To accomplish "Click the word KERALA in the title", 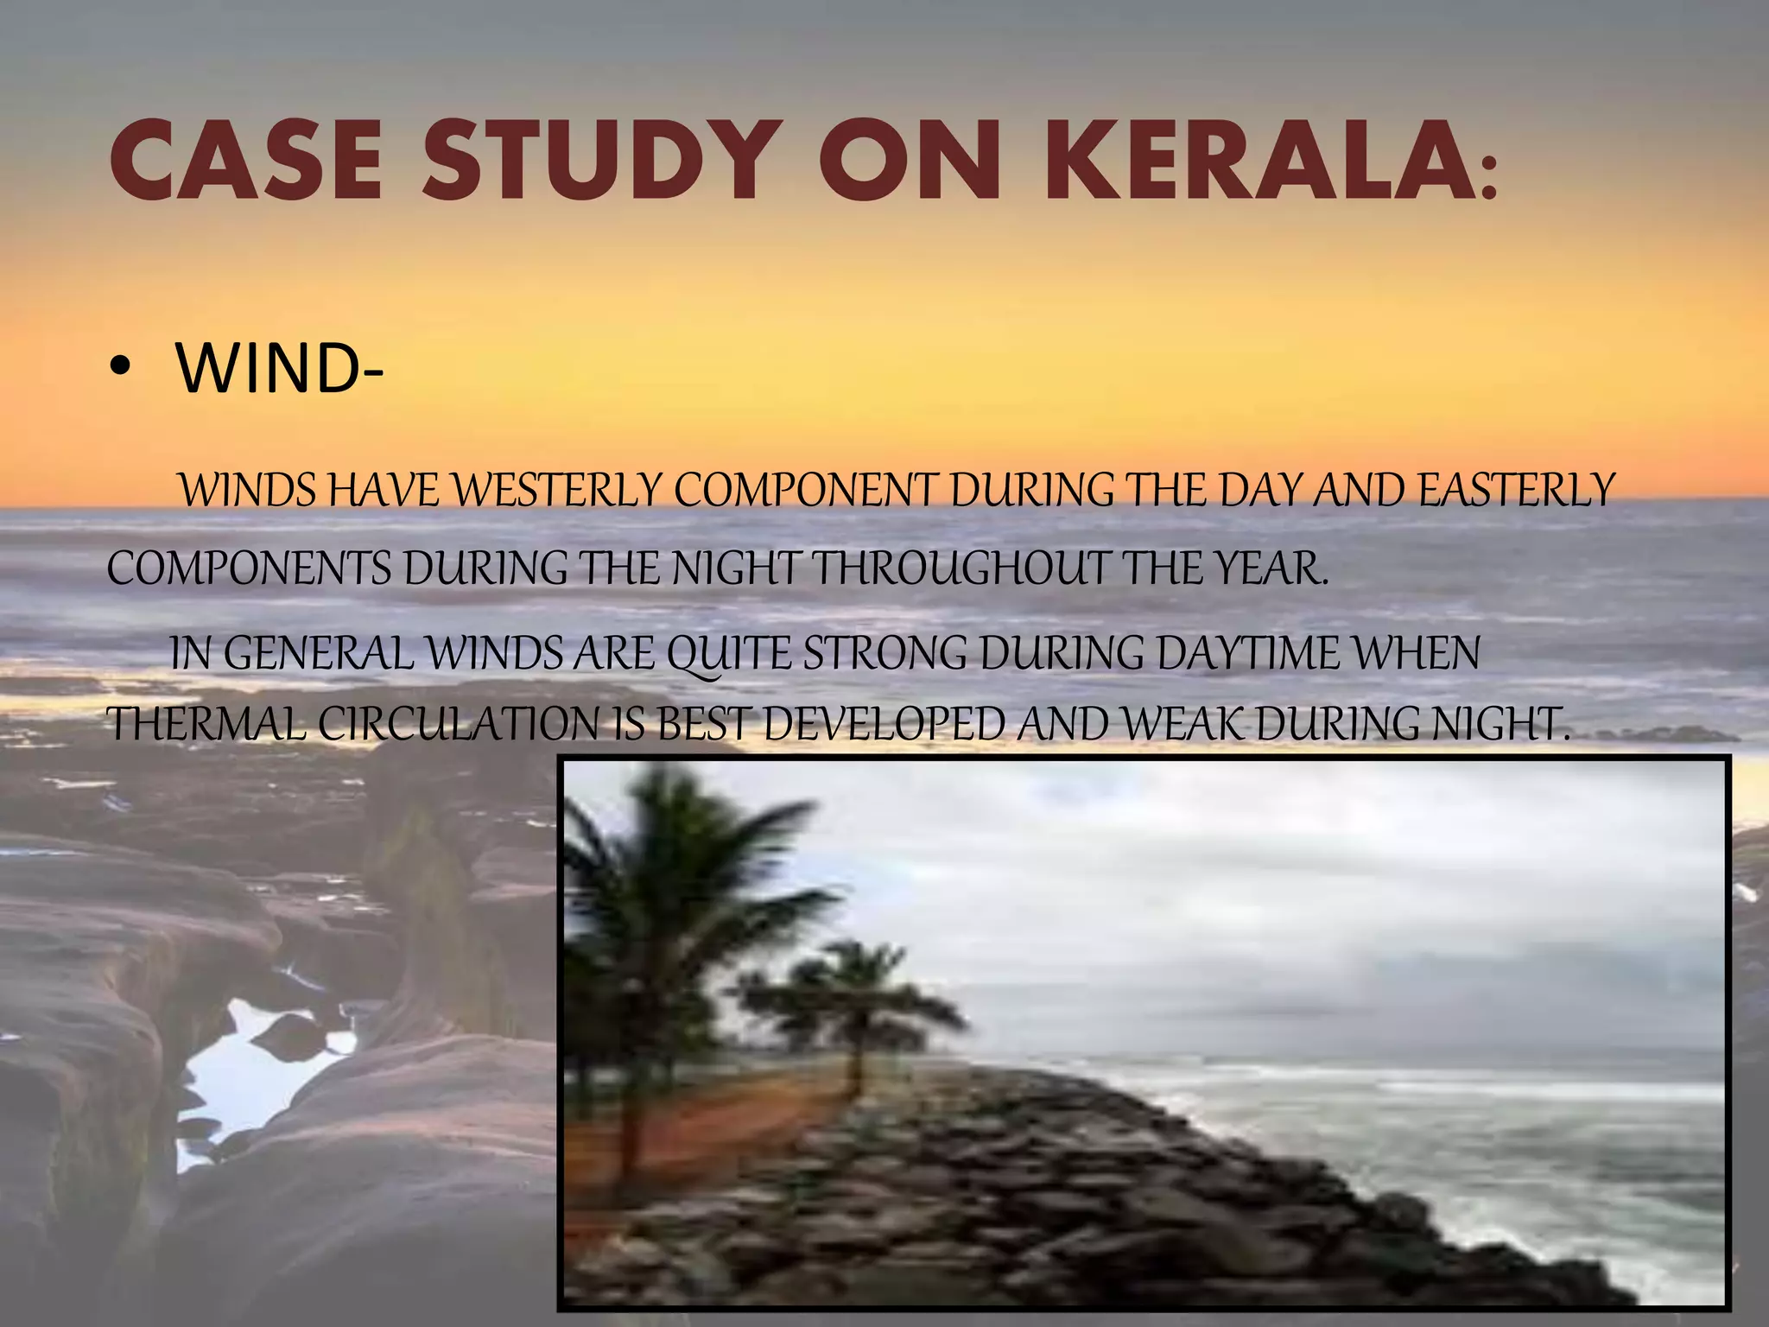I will pyautogui.click(x=1253, y=162).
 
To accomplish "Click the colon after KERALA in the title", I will pyautogui.click(x=1487, y=177).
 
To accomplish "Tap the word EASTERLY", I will pyautogui.click(x=1516, y=491).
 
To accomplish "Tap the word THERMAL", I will pyautogui.click(x=206, y=724).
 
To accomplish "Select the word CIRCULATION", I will pyautogui.click(x=459, y=724).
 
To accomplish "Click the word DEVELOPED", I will pyautogui.click(x=884, y=724).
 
